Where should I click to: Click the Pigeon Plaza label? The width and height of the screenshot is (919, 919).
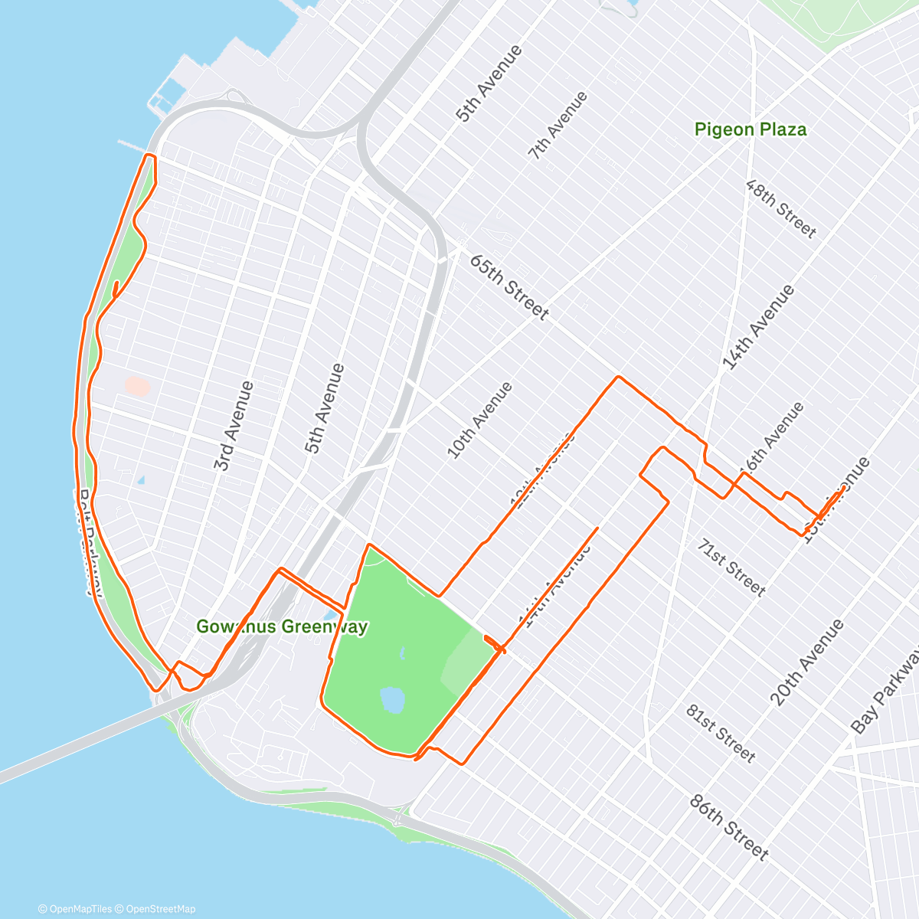[750, 129]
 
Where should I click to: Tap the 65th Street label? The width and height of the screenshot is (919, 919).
[509, 287]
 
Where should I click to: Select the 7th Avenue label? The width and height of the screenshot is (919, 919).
[558, 125]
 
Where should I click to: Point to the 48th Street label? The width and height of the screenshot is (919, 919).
[781, 209]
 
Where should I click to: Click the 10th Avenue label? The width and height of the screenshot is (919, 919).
[479, 420]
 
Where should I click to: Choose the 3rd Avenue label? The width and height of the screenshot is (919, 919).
[234, 426]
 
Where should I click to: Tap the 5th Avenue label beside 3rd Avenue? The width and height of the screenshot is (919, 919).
[325, 408]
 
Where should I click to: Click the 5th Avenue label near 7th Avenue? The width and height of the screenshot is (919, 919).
[489, 83]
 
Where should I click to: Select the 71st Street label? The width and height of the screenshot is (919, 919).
[731, 567]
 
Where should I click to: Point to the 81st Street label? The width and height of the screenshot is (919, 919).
[721, 733]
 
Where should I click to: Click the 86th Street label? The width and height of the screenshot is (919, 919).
[728, 827]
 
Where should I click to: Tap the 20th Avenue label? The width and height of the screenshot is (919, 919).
[806, 662]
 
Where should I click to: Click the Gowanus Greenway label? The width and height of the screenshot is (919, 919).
[282, 626]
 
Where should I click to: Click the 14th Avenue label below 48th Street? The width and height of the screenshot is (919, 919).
[758, 328]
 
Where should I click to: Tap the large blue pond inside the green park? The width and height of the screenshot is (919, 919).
[392, 699]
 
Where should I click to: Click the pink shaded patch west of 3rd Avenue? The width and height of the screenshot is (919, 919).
[137, 386]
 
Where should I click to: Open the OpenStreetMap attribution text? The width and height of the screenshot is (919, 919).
[160, 909]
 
